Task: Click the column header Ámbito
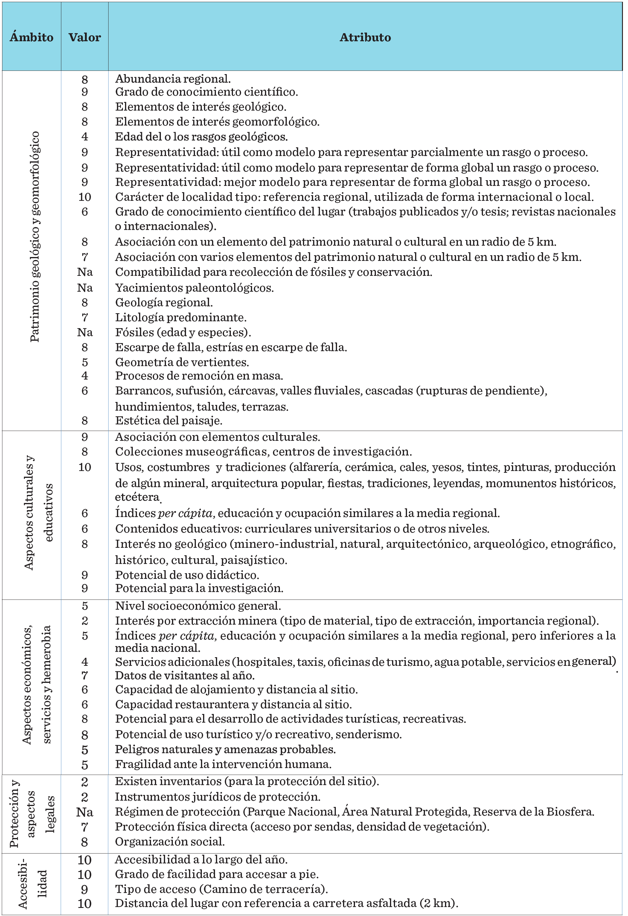click(x=32, y=37)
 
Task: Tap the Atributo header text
click(x=365, y=37)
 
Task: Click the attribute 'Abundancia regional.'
click(x=173, y=79)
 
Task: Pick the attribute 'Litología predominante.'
click(x=181, y=317)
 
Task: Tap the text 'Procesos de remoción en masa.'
click(x=199, y=376)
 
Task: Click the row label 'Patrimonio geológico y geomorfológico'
click(x=35, y=236)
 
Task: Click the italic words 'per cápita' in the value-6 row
click(x=186, y=513)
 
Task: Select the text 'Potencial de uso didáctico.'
click(x=187, y=575)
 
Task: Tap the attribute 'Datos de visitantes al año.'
click(x=185, y=676)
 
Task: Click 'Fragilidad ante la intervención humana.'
click(x=223, y=764)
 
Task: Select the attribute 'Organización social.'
click(x=170, y=842)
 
